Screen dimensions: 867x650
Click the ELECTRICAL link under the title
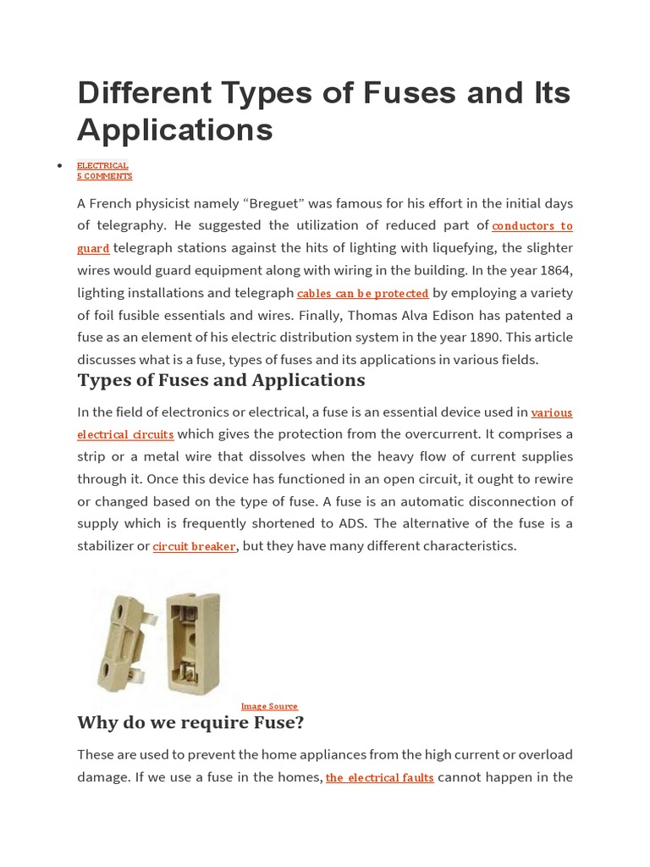pyautogui.click(x=102, y=166)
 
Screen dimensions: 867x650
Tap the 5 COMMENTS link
pyautogui.click(x=105, y=176)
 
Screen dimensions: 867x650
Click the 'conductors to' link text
pyautogui.click(x=532, y=226)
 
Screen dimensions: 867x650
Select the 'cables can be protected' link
pyautogui.click(x=362, y=293)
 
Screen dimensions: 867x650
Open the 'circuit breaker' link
pyautogui.click(x=194, y=547)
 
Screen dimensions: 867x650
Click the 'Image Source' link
pyautogui.click(x=269, y=706)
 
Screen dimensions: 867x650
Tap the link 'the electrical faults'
pyautogui.click(x=379, y=778)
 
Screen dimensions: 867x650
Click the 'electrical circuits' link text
pyautogui.click(x=125, y=435)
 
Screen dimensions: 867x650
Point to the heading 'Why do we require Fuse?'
pyautogui.click(x=190, y=723)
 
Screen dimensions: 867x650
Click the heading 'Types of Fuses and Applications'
pyautogui.click(x=221, y=380)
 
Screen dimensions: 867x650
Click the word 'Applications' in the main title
pyautogui.click(x=175, y=130)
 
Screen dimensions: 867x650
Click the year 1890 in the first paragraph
pyautogui.click(x=465, y=337)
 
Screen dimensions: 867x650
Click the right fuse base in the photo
pyautogui.click(x=192, y=643)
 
